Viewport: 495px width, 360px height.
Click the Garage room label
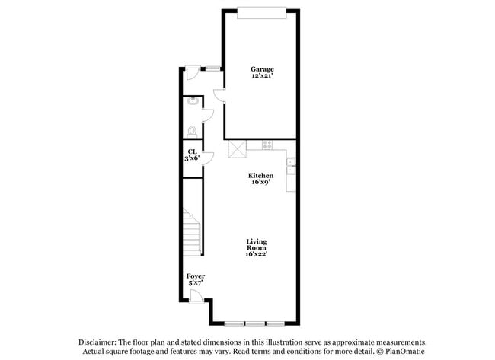[262, 69]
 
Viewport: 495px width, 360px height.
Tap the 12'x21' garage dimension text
[262, 75]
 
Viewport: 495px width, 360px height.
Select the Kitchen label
[260, 175]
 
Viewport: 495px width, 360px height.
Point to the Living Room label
[257, 244]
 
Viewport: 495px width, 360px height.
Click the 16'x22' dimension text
[257, 254]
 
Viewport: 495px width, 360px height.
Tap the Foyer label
[196, 276]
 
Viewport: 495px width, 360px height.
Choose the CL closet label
[192, 151]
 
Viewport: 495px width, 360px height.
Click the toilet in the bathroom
[192, 132]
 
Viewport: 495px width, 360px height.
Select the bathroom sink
[192, 101]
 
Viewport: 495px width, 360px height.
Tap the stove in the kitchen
[267, 145]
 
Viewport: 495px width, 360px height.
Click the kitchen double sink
[291, 166]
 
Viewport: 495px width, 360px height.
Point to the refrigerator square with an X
[238, 149]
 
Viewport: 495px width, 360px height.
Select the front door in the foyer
[196, 297]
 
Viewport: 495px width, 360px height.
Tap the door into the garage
[219, 96]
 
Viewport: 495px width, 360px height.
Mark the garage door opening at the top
[262, 14]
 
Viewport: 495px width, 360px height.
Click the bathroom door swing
[208, 116]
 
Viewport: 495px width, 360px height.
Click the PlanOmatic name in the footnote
[404, 351]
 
